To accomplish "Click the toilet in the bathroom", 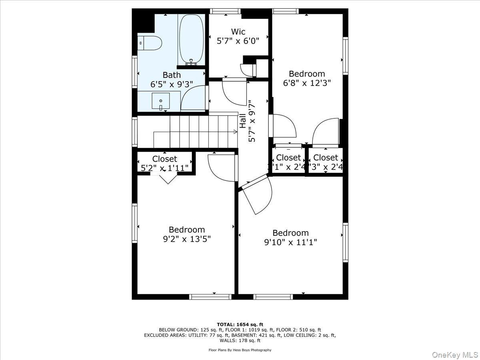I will click(151, 43).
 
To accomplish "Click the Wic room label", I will click(238, 32).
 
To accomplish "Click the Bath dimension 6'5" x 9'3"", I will click(172, 84).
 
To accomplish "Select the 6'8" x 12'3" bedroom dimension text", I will click(307, 83).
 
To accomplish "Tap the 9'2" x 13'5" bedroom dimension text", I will click(187, 239).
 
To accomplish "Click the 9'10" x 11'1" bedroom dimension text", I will click(290, 242).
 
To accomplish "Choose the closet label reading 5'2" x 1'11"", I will click(164, 168).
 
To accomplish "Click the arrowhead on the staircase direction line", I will click(235, 131).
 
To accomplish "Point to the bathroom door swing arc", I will click(193, 99).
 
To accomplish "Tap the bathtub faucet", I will click(192, 62).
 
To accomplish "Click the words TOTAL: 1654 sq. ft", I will click(240, 324).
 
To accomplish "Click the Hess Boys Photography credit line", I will click(240, 350).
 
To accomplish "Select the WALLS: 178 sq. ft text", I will click(240, 341).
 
